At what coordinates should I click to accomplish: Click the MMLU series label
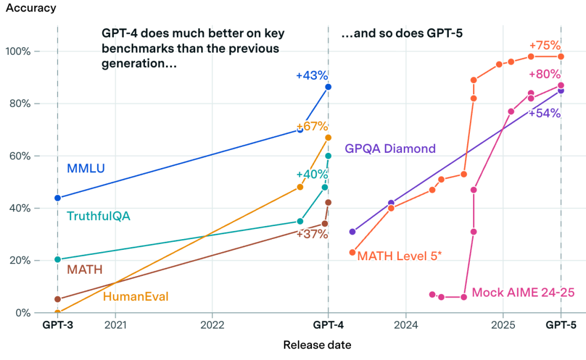pos(86,169)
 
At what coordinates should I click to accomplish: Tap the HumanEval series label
pos(136,297)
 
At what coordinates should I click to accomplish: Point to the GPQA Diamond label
pos(390,149)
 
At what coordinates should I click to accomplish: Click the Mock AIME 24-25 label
pos(523,293)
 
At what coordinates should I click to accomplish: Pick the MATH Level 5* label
pos(399,255)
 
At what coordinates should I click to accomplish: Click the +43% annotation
pos(312,76)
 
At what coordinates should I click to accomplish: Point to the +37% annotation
pos(312,234)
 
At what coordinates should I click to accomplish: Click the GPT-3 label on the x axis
pos(58,326)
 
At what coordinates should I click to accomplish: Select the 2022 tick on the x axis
pos(212,326)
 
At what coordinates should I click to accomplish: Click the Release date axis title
pos(317,345)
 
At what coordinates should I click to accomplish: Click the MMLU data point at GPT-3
pos(58,198)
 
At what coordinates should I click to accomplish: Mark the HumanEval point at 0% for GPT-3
pos(58,312)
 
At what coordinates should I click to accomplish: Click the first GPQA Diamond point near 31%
pos(353,232)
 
